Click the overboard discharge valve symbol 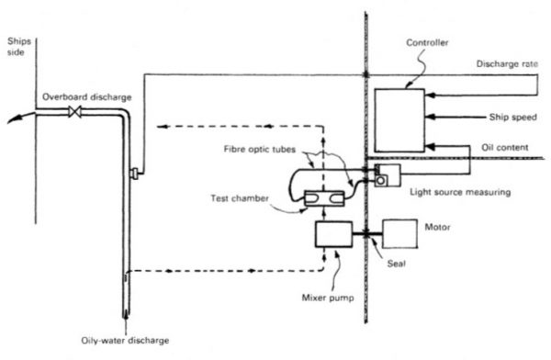point(74,112)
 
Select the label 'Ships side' point(17,47)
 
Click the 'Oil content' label point(506,150)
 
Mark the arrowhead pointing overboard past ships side point(10,117)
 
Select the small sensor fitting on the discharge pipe point(134,172)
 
